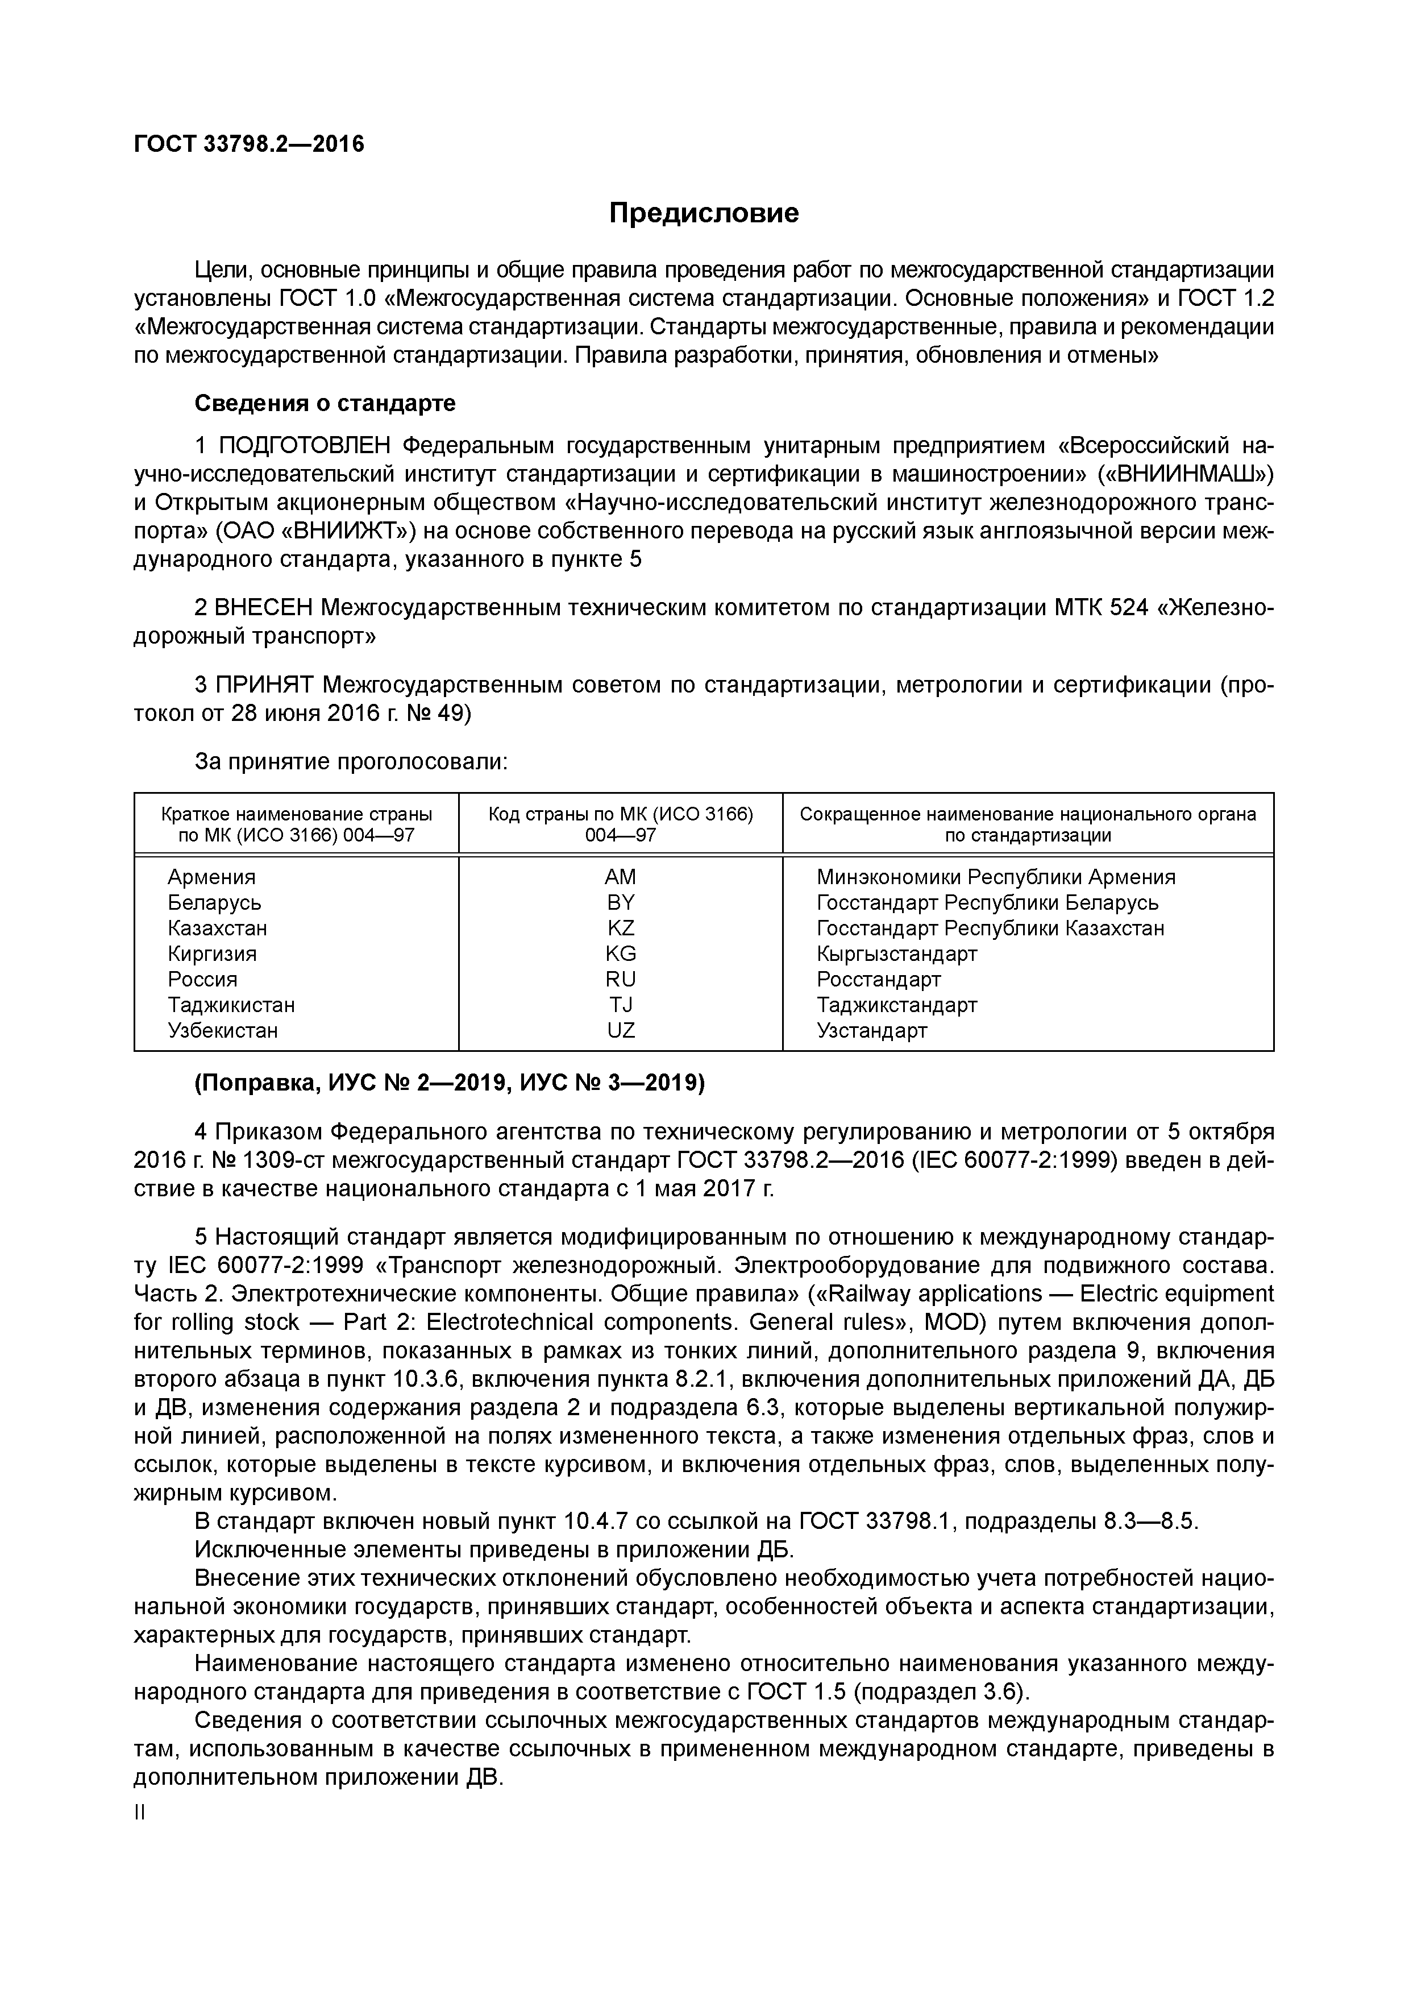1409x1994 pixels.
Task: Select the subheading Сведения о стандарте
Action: (x=325, y=404)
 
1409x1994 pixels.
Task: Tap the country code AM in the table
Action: (x=621, y=877)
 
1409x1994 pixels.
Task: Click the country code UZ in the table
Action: (x=621, y=1031)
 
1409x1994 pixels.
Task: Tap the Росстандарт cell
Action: (x=879, y=980)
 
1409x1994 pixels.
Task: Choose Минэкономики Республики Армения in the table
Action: (x=996, y=877)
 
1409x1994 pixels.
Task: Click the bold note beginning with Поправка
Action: (x=450, y=1083)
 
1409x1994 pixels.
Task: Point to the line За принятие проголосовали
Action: (x=351, y=762)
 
